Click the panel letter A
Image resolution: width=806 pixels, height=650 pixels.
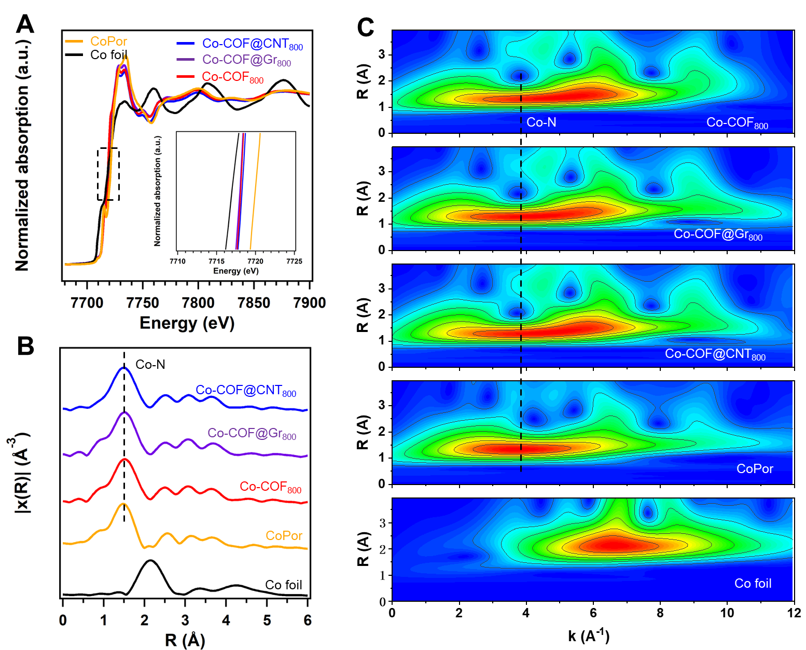[x=24, y=24]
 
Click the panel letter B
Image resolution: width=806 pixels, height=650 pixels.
[x=25, y=346]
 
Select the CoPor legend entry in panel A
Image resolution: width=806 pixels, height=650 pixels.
[x=108, y=41]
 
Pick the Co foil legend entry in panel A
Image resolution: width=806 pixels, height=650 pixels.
[x=108, y=54]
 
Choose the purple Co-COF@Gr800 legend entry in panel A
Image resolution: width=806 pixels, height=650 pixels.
[x=246, y=60]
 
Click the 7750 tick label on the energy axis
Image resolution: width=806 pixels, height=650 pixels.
[x=143, y=303]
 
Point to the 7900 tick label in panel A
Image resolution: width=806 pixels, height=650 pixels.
[x=309, y=303]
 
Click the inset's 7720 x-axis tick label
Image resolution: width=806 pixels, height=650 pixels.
[x=255, y=261]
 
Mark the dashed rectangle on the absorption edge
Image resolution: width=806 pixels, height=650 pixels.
[x=108, y=174]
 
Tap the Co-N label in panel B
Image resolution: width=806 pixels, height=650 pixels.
[x=150, y=365]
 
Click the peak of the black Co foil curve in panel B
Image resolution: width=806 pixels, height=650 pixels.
[x=150, y=561]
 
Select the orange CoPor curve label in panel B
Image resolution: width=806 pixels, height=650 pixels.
[x=284, y=535]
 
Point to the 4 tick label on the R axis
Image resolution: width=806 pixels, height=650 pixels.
[x=226, y=620]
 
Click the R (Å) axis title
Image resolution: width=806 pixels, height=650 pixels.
[x=185, y=640]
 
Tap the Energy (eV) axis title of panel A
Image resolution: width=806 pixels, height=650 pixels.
[x=187, y=323]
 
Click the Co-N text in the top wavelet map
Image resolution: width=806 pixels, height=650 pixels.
[x=541, y=122]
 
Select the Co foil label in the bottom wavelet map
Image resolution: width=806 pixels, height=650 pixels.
[x=753, y=583]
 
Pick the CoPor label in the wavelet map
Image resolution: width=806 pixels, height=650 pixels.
[x=755, y=468]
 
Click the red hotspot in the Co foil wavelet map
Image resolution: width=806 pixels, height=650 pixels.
[x=612, y=544]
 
